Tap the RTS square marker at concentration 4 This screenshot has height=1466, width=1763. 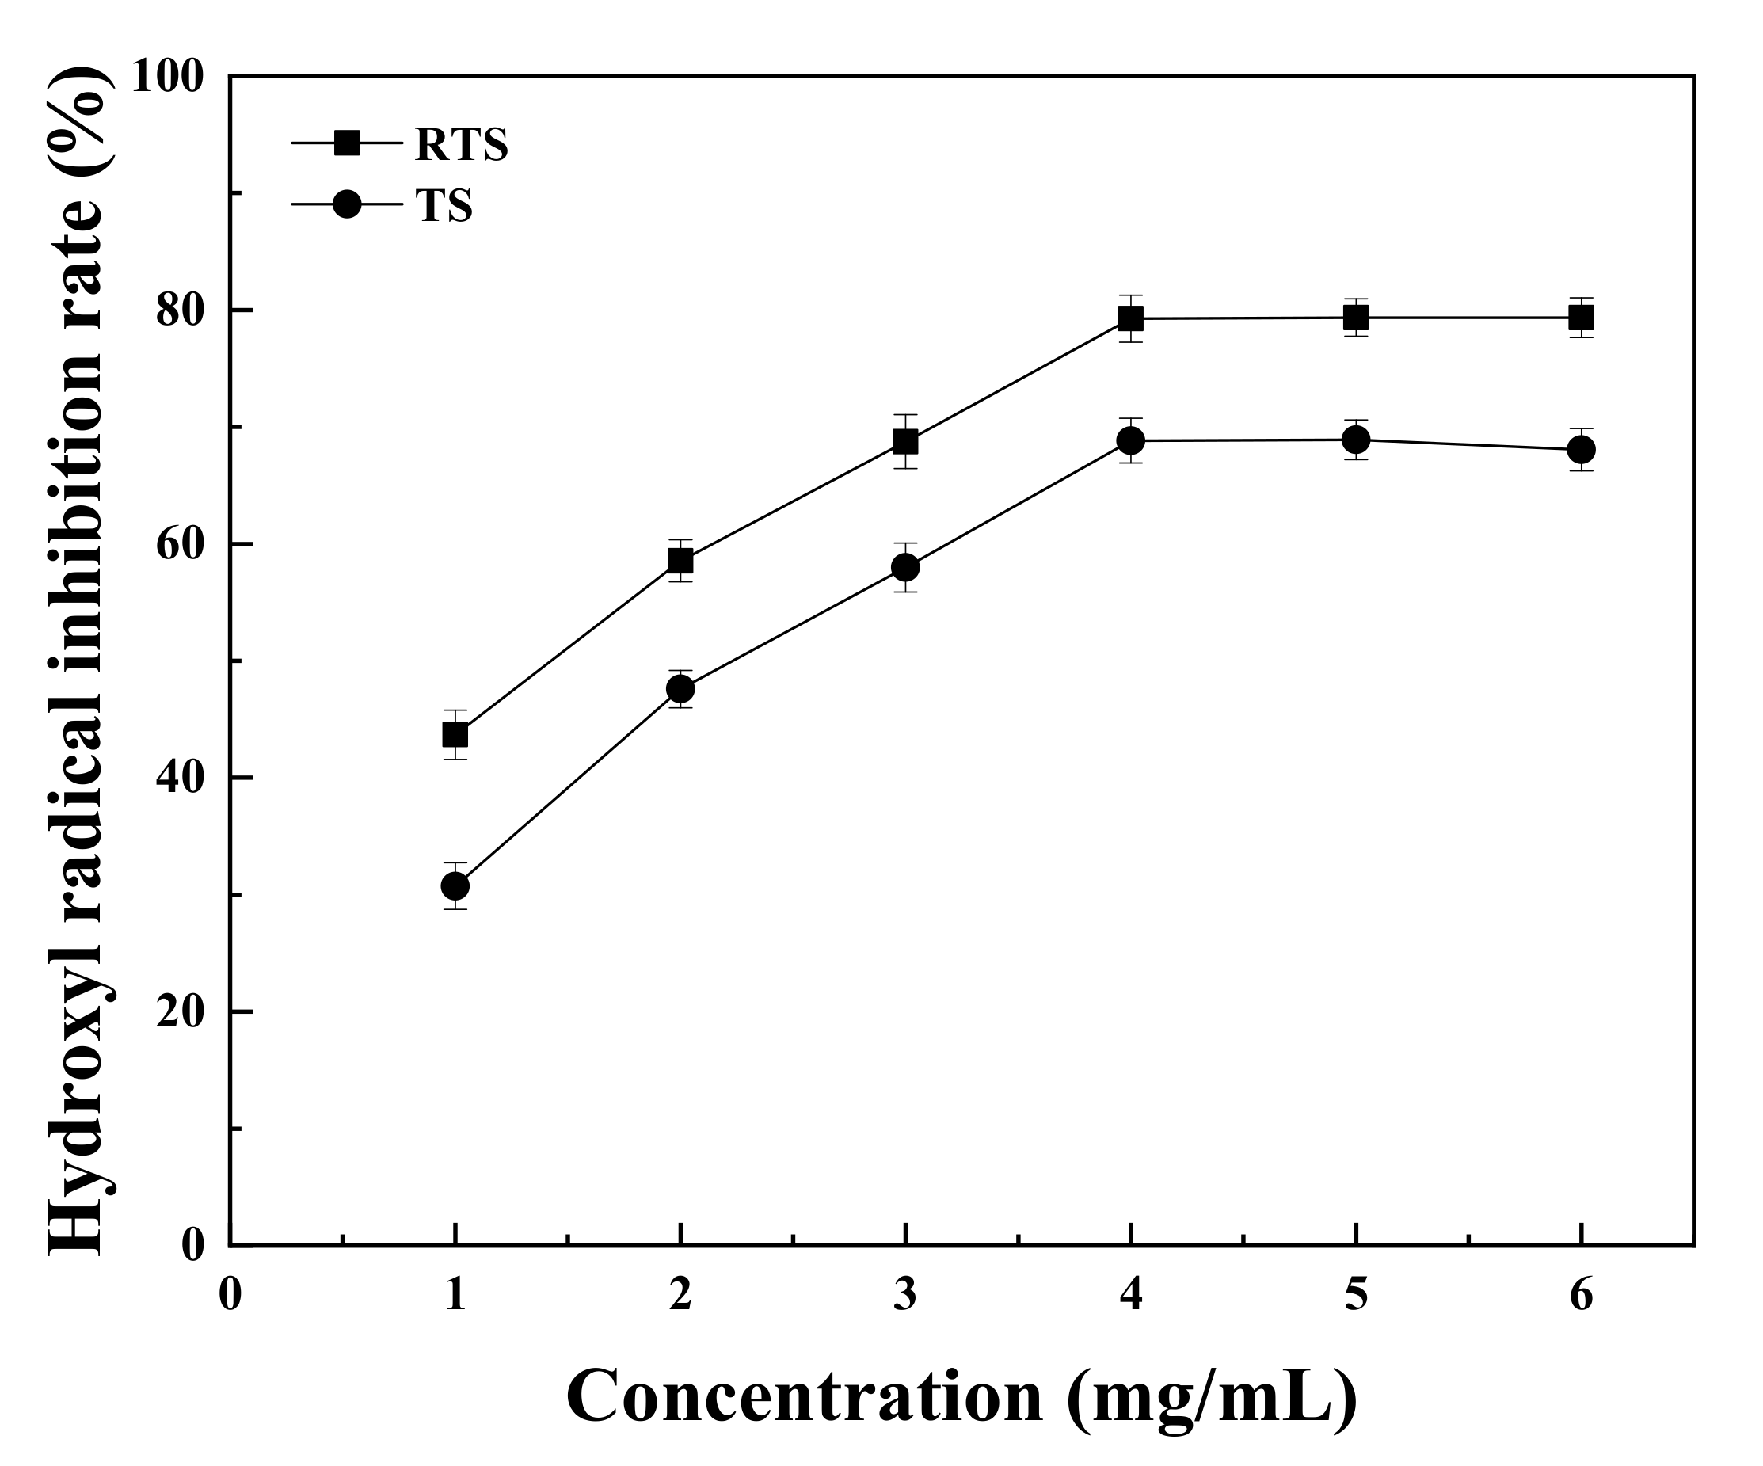(1131, 318)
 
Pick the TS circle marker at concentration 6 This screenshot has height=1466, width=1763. (1581, 449)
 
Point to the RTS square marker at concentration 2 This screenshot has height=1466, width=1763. (680, 560)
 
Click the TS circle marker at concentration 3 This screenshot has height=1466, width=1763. (905, 568)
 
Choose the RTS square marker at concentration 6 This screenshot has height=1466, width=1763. (1581, 318)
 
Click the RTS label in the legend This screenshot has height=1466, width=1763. (462, 145)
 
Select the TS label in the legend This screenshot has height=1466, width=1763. (444, 206)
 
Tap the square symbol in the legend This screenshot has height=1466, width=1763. (347, 143)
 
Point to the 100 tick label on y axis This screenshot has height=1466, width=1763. (168, 78)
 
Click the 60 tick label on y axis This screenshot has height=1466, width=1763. (181, 545)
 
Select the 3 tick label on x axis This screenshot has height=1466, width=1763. (905, 1294)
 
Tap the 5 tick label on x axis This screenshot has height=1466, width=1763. (1356, 1294)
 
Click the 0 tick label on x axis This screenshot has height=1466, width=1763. (230, 1294)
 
